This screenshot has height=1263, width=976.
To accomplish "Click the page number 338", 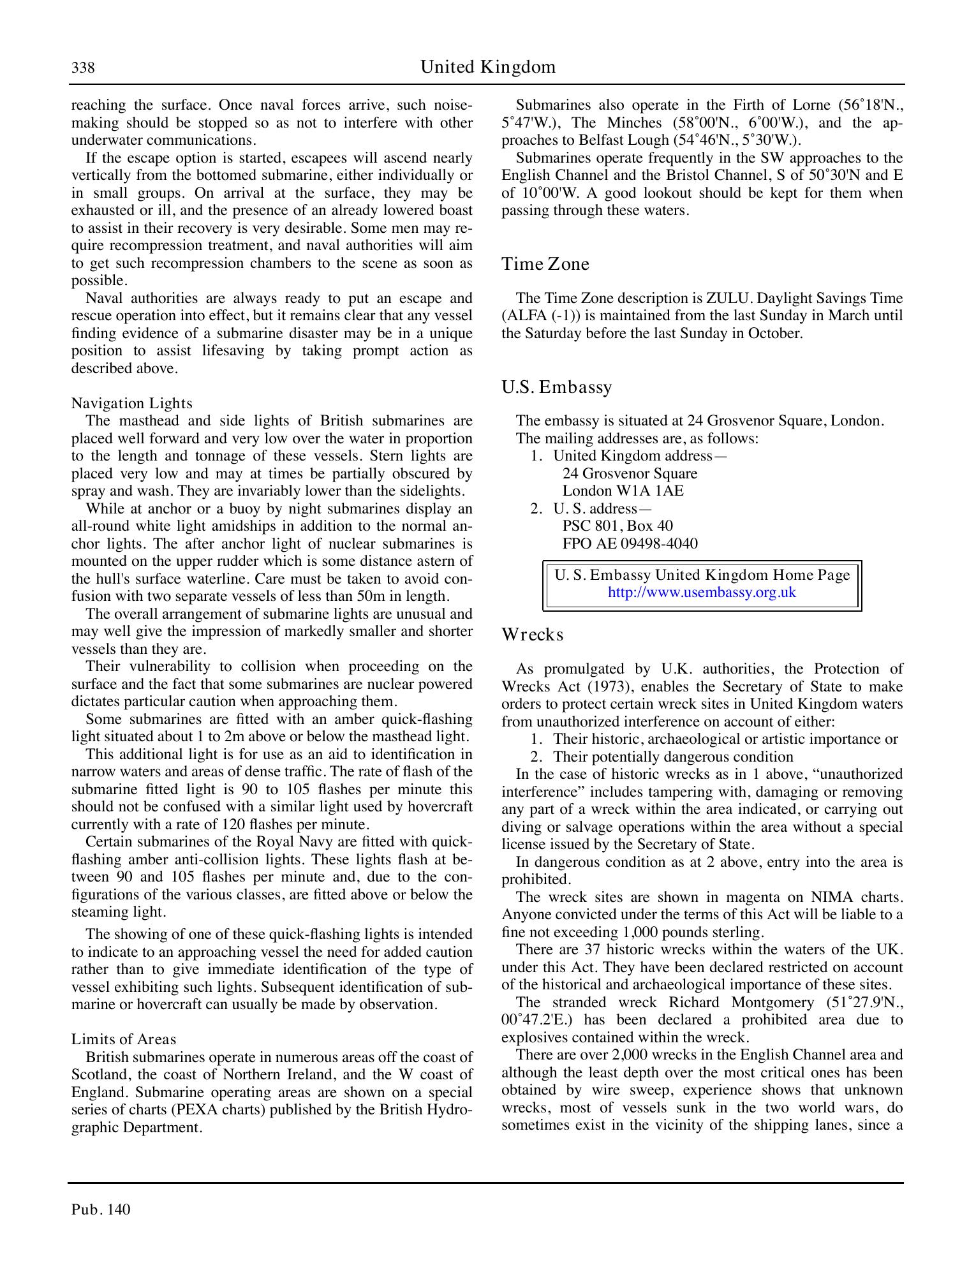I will pos(83,68).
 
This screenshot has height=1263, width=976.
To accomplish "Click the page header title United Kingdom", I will pos(487,67).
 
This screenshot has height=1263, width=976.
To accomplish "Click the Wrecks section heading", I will pos(532,635).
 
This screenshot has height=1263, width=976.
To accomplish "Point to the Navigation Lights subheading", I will pos(131,403).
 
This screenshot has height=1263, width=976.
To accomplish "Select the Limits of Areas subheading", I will pos(123,1039).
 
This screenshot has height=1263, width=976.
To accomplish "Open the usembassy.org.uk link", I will pos(702,592).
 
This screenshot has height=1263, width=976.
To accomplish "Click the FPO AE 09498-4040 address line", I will pos(629,543).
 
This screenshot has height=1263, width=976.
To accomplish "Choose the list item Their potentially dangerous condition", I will pos(672,757).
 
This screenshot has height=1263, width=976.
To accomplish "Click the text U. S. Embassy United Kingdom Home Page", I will pos(702,575).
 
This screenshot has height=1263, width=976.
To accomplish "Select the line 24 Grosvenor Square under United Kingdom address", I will pos(629,473).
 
